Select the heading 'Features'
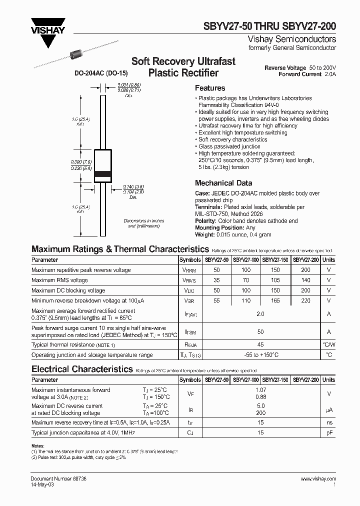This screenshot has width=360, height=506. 210,88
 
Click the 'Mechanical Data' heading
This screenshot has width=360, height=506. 223,183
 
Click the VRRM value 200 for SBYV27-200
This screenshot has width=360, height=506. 306,270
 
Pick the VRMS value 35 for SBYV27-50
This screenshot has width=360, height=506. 217,280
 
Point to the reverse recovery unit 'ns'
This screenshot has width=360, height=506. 328,422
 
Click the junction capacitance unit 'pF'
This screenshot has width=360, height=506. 328,432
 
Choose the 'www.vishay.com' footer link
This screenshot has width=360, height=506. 318,479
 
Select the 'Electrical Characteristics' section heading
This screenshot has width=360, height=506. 81,369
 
